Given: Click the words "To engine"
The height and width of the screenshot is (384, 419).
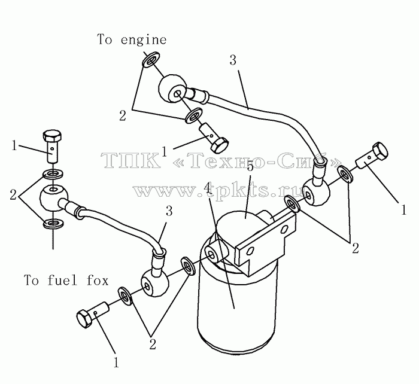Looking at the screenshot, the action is pyautogui.click(x=132, y=39).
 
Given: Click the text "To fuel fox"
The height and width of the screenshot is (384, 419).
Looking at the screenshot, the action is pyautogui.click(x=66, y=280).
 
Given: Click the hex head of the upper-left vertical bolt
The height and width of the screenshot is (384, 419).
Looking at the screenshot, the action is pyautogui.click(x=53, y=136).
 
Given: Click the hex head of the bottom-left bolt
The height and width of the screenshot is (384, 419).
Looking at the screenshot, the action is pyautogui.click(x=85, y=318).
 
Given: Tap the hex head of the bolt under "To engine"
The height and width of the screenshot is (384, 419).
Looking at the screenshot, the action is pyautogui.click(x=220, y=145).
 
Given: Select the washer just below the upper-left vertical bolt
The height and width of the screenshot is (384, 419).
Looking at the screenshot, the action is pyautogui.click(x=53, y=174).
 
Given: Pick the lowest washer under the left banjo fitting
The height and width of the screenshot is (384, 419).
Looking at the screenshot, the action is pyautogui.click(x=53, y=223).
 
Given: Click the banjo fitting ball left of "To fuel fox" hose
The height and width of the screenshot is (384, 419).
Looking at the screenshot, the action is pyautogui.click(x=53, y=198).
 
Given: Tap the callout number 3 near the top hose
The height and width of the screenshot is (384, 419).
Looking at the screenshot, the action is pyautogui.click(x=233, y=60).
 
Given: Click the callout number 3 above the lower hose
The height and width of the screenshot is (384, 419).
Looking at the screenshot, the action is pyautogui.click(x=169, y=211).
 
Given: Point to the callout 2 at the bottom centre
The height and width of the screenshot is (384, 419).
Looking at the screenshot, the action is pyautogui.click(x=152, y=344).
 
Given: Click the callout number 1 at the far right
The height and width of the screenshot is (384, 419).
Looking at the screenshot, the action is pyautogui.click(x=403, y=209).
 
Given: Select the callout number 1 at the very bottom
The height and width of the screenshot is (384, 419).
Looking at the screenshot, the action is pyautogui.click(x=116, y=362).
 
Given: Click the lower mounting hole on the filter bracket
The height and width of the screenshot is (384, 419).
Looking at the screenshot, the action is pyautogui.click(x=250, y=251).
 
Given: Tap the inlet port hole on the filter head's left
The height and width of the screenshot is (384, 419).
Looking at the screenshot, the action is pyautogui.click(x=212, y=255).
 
